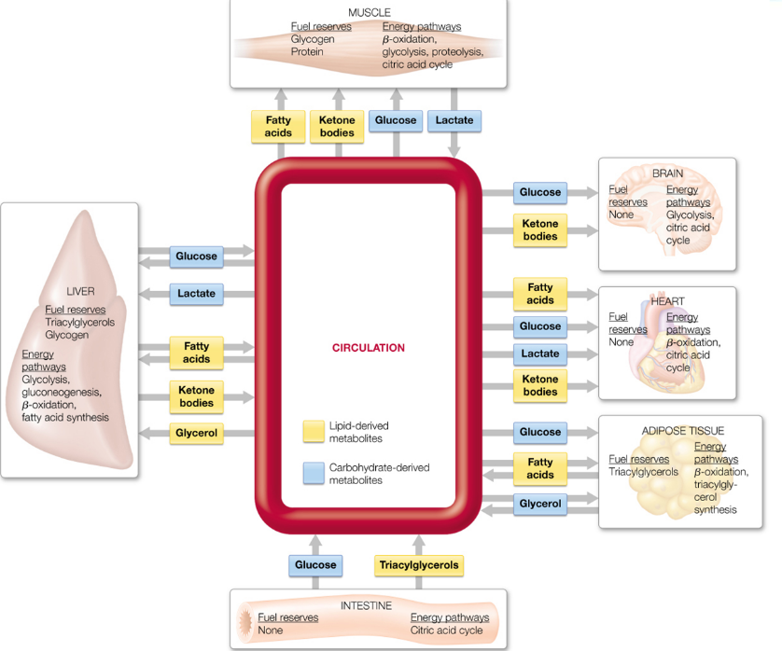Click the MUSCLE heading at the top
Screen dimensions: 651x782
click(x=369, y=12)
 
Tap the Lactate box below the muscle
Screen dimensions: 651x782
click(x=454, y=120)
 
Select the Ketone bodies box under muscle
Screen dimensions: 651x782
click(x=337, y=127)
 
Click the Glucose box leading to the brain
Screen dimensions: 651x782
click(x=540, y=192)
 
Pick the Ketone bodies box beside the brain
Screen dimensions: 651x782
click(x=540, y=230)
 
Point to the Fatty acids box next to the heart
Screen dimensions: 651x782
click(x=540, y=294)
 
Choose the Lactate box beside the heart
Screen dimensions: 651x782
click(x=540, y=353)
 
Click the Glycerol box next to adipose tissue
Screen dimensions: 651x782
click(x=540, y=504)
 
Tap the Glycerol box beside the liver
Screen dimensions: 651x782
click(x=196, y=433)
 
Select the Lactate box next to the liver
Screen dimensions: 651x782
click(x=196, y=293)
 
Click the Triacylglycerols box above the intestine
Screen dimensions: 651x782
click(x=419, y=565)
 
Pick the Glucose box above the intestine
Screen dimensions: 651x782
click(x=315, y=565)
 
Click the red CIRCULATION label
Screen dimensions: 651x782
click(x=369, y=348)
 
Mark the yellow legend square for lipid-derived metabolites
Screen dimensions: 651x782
click(x=314, y=432)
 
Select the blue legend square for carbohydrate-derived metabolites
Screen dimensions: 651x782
click(x=314, y=473)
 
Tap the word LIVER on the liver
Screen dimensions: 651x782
click(x=80, y=291)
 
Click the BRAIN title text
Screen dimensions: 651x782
click(x=667, y=173)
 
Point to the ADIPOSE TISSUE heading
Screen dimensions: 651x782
click(x=682, y=431)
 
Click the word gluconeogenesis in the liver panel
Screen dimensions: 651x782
click(x=61, y=393)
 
